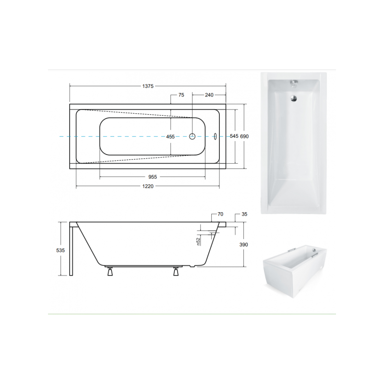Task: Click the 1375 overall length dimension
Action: (x=148, y=86)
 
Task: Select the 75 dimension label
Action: (x=181, y=95)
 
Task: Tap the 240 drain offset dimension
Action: (x=209, y=95)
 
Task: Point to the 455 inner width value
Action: (x=170, y=137)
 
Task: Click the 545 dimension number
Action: (x=234, y=136)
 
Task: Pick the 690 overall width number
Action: (x=244, y=136)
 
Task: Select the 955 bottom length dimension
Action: (x=153, y=177)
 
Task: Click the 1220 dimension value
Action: (x=148, y=186)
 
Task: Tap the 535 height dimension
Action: (x=60, y=250)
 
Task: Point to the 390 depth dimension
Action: (x=244, y=245)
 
